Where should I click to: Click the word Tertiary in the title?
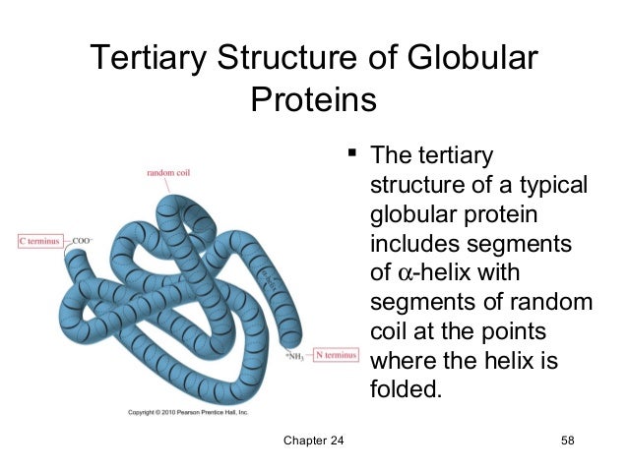point(146,58)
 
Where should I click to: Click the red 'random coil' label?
point(168,173)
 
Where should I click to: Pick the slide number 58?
point(565,439)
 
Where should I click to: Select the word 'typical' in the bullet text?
point(551,185)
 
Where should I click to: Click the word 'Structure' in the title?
point(290,58)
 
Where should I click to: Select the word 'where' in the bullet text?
point(399,360)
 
